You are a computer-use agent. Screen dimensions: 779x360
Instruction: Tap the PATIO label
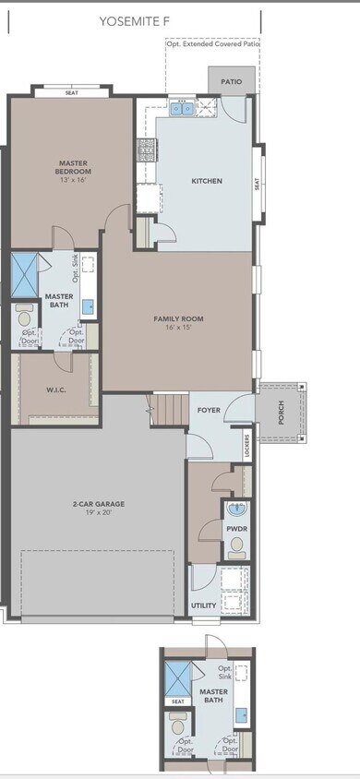point(231,81)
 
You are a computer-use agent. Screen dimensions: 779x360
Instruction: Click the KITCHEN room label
point(206,181)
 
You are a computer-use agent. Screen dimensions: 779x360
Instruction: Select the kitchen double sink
point(181,109)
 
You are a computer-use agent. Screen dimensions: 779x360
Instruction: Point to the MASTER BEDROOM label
point(71,167)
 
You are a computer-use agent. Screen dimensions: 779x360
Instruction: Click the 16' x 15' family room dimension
point(178,328)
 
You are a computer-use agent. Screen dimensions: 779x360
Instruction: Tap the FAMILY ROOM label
point(178,318)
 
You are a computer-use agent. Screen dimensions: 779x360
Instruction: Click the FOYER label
point(209,408)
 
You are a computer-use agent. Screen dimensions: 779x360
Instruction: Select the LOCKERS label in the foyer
point(248,445)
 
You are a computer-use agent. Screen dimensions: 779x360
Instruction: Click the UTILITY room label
point(203,605)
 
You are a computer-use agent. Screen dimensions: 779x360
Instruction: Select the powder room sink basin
point(235,509)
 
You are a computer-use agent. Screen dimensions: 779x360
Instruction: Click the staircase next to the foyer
point(168,407)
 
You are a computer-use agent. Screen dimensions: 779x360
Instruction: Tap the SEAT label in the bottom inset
point(175,701)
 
